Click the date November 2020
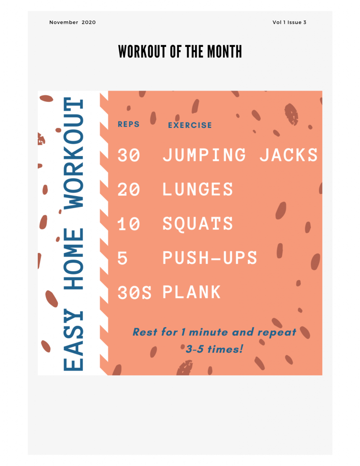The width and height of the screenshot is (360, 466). click(x=72, y=22)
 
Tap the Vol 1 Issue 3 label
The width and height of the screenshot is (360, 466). click(x=289, y=22)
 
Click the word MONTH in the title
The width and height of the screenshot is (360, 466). click(x=224, y=51)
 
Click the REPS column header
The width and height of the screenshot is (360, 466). click(x=128, y=124)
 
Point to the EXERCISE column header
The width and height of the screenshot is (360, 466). click(x=190, y=125)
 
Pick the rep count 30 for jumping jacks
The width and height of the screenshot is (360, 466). click(x=129, y=155)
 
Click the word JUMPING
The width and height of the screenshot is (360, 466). click(x=204, y=155)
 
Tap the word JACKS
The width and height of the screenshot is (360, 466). click(x=289, y=155)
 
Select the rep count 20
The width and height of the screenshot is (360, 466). click(x=129, y=189)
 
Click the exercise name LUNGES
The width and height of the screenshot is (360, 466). click(x=198, y=189)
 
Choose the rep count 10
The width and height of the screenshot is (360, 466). click(x=129, y=223)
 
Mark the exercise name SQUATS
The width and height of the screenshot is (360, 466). click(x=198, y=223)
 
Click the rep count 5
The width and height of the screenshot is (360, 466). click(x=122, y=258)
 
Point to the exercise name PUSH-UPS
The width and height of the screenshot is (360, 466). click(x=210, y=258)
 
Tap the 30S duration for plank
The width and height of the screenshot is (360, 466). click(x=134, y=293)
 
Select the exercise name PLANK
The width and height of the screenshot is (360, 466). click(x=192, y=292)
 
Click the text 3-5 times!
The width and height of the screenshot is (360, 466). click(x=214, y=349)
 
